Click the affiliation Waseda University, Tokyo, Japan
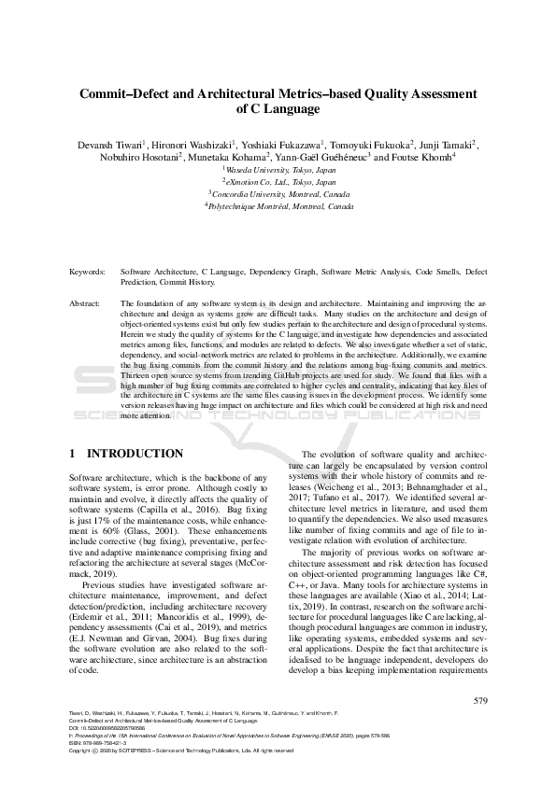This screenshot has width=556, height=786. coord(278,171)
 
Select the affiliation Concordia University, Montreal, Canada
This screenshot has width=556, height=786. coord(278,194)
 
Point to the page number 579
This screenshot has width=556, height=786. coord(480,700)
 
